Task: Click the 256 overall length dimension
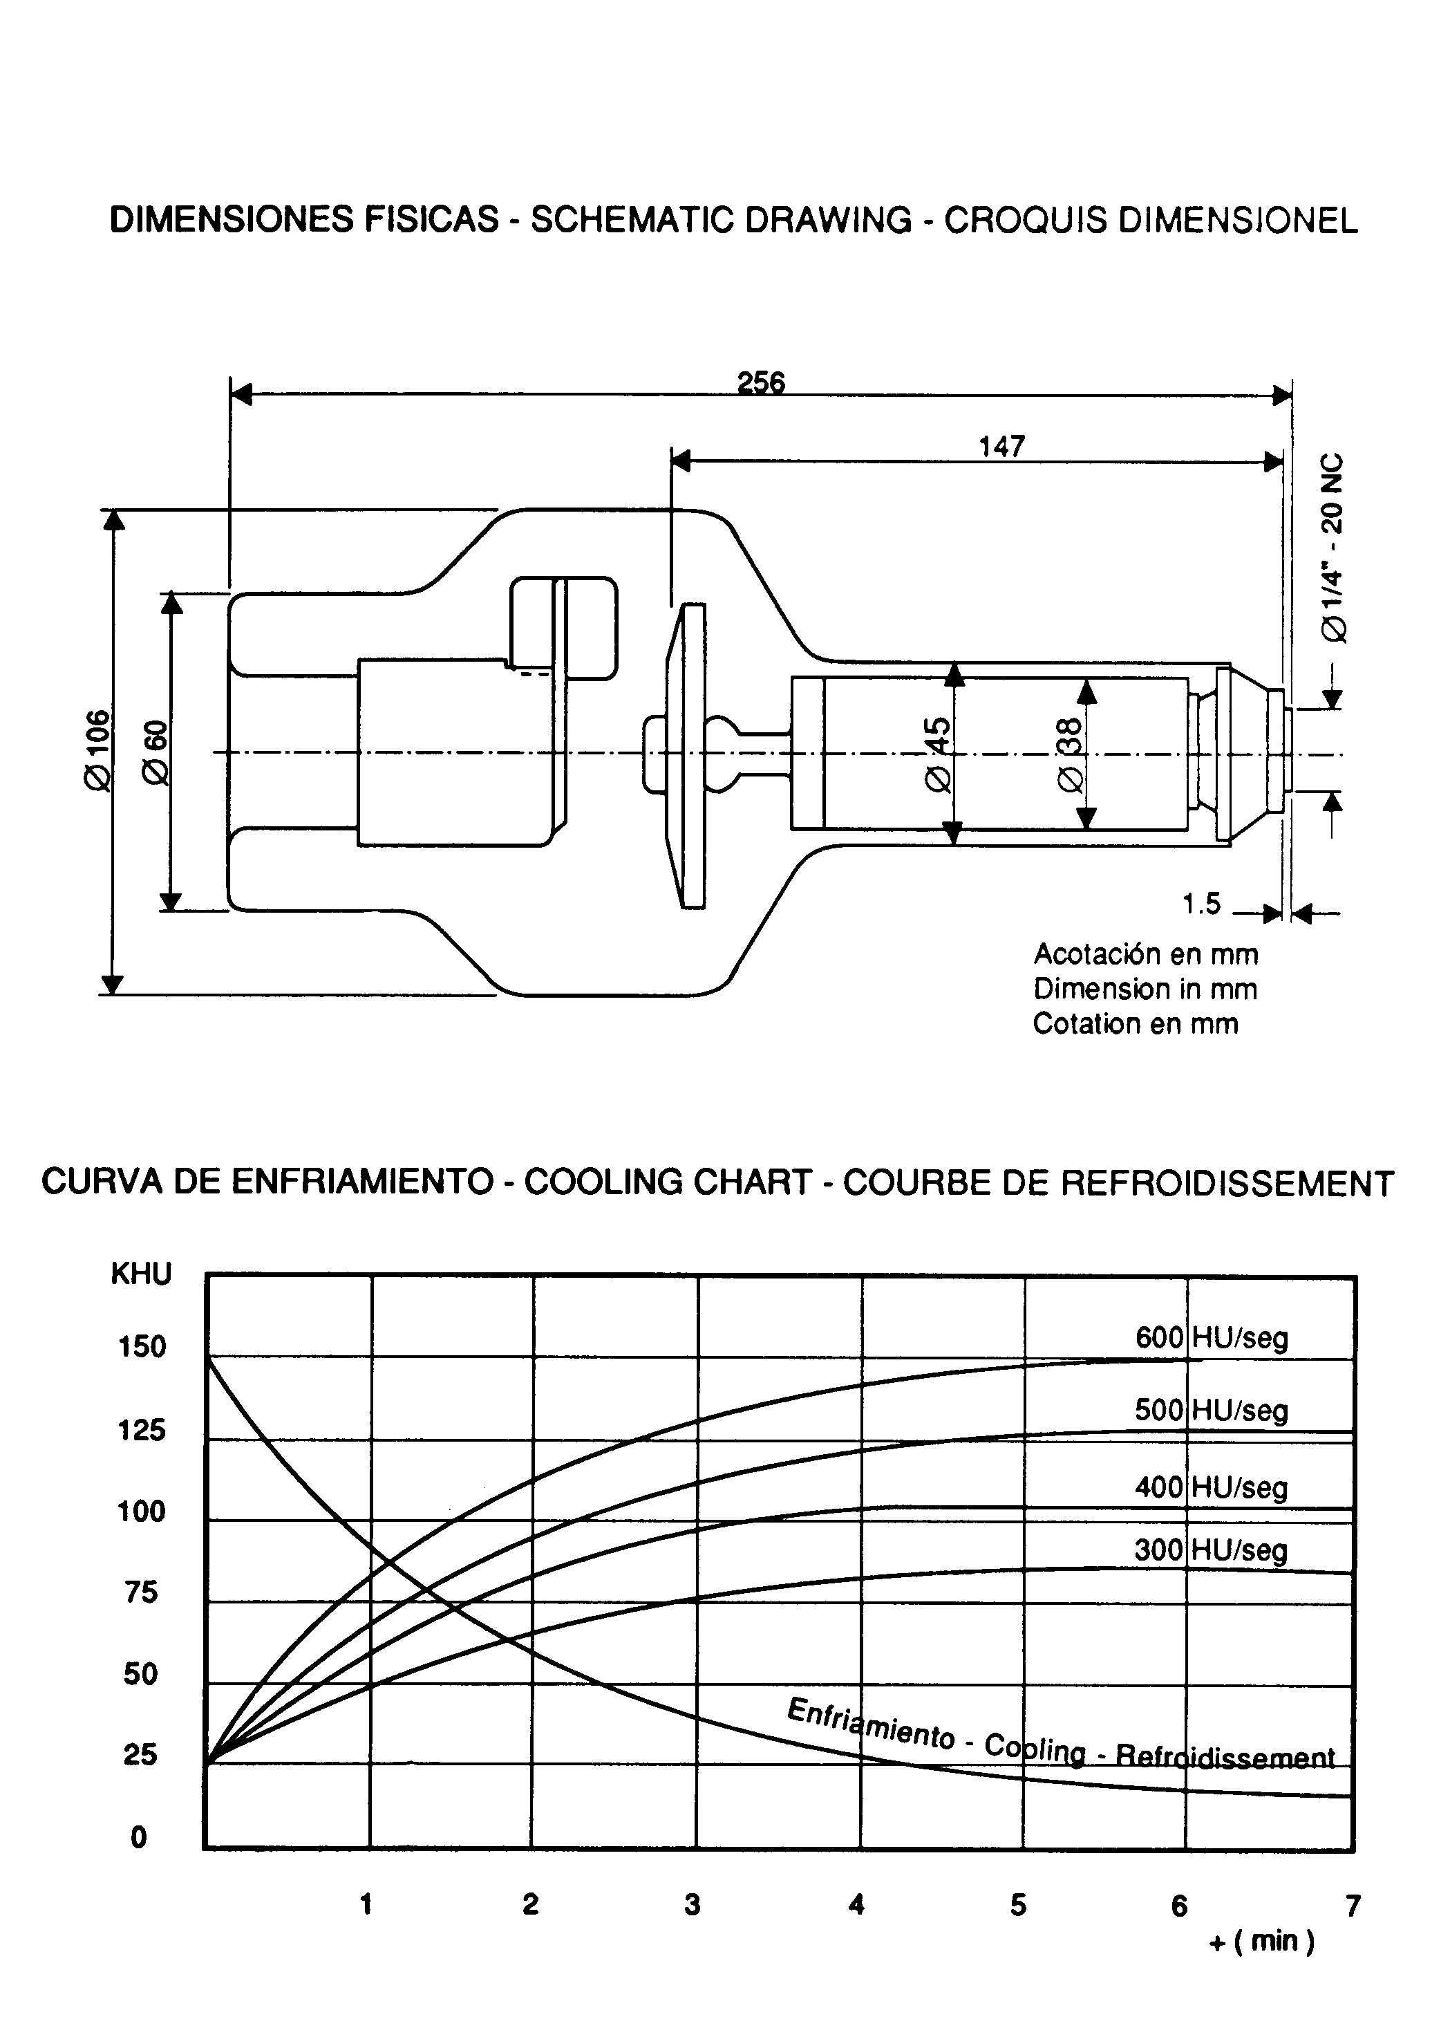[x=761, y=382]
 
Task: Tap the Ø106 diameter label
[x=97, y=750]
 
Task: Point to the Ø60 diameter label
[x=156, y=752]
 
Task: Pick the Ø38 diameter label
[x=1070, y=754]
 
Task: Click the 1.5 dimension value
[x=1201, y=904]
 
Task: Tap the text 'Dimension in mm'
[x=1145, y=989]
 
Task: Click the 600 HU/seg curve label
[x=1211, y=1338]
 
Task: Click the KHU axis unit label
[x=141, y=1274]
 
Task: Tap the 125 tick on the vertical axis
[x=141, y=1431]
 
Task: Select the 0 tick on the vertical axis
[x=138, y=1837]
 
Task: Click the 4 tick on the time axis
[x=856, y=1905]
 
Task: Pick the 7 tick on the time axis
[x=1353, y=1906]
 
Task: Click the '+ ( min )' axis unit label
[x=1261, y=1942]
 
